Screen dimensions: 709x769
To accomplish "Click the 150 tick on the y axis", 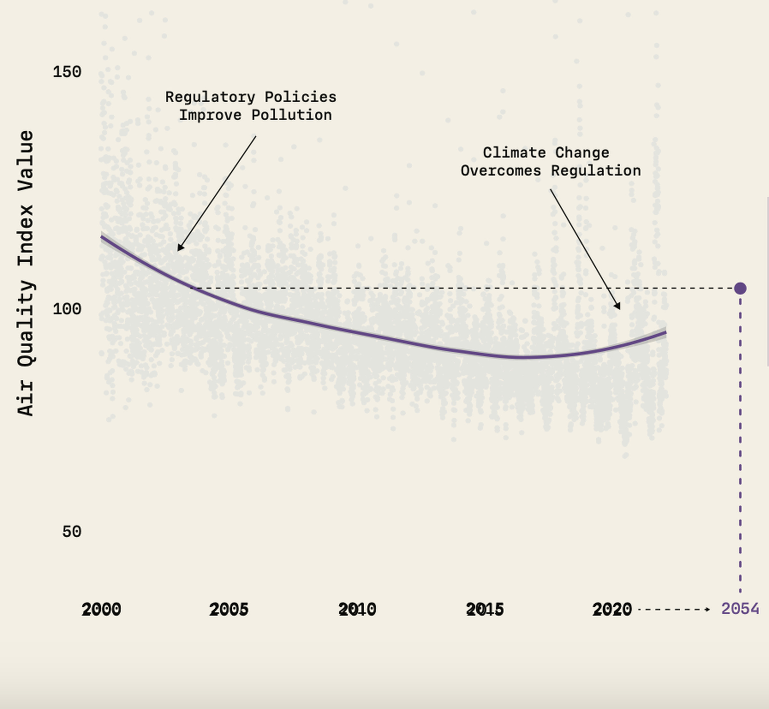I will (67, 72).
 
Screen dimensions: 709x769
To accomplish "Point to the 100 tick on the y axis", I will (67, 309).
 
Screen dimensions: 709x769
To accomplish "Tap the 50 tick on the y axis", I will (72, 532).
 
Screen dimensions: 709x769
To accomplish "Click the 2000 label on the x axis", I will (102, 609).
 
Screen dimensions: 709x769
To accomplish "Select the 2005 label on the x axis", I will (229, 609).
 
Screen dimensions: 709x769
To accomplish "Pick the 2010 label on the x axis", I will (357, 609).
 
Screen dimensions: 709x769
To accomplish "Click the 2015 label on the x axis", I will (485, 609).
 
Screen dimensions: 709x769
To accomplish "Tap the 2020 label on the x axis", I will (612, 609).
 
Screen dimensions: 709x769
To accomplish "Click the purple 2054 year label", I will (740, 609).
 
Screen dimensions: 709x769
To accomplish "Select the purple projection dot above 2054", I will (740, 288).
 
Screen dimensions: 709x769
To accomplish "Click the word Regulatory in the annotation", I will (210, 97).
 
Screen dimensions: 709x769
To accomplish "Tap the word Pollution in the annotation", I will (292, 115).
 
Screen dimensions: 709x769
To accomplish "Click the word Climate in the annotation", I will (514, 153).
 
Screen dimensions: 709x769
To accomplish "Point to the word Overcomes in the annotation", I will (501, 171).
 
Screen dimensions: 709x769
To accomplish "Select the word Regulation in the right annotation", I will (596, 171).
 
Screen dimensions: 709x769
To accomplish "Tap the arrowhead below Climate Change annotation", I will (618, 306).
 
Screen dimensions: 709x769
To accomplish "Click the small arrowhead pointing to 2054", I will (708, 609).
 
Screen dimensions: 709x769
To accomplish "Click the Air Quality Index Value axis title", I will (26, 273).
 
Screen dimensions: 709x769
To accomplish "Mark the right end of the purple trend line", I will (666, 333).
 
